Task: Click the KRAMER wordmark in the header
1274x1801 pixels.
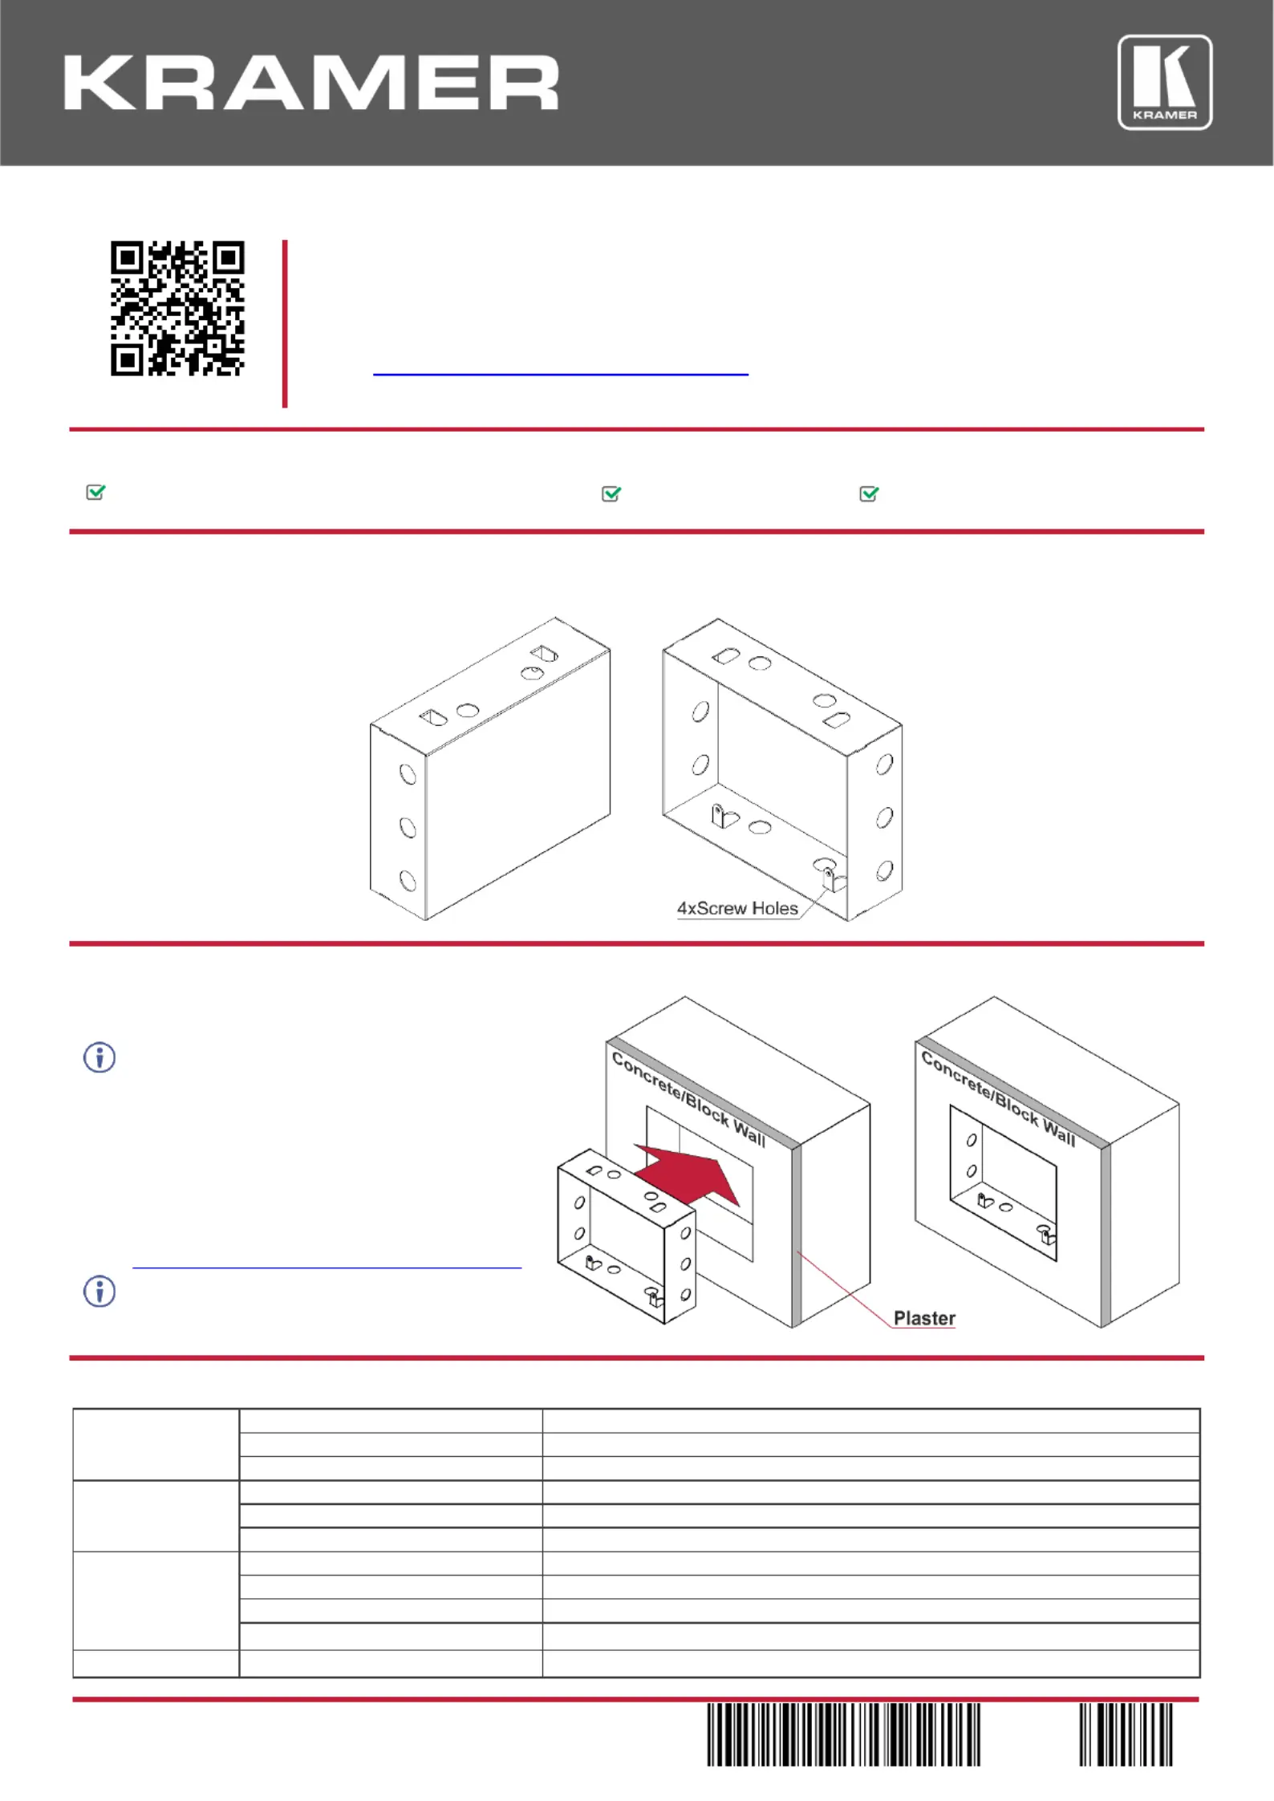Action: pyautogui.click(x=311, y=83)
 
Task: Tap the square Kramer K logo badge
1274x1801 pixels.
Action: pyautogui.click(x=1165, y=82)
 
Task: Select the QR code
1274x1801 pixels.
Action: pyautogui.click(x=177, y=308)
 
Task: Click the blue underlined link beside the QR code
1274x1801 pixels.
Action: pyautogui.click(x=561, y=374)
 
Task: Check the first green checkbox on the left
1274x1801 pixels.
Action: pyautogui.click(x=95, y=492)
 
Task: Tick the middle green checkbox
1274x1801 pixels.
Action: pyautogui.click(x=611, y=493)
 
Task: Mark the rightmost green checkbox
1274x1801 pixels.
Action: pyautogui.click(x=869, y=493)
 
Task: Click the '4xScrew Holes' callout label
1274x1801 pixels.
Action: pyautogui.click(x=737, y=908)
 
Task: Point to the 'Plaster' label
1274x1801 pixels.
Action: pyautogui.click(x=924, y=1318)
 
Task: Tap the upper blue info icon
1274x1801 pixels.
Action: pyautogui.click(x=99, y=1057)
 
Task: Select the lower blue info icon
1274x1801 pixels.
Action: pyautogui.click(x=99, y=1291)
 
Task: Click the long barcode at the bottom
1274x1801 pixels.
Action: pyautogui.click(x=843, y=1734)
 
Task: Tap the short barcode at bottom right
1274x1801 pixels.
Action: pyautogui.click(x=1126, y=1734)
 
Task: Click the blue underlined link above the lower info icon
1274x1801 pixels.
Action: pyautogui.click(x=327, y=1268)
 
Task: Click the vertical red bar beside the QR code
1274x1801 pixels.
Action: pyautogui.click(x=285, y=323)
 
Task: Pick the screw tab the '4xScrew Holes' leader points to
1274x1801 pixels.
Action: pyautogui.click(x=832, y=878)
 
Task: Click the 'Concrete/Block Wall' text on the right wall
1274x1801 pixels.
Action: pyautogui.click(x=998, y=1097)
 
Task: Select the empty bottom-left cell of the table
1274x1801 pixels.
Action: pyautogui.click(x=156, y=1663)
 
